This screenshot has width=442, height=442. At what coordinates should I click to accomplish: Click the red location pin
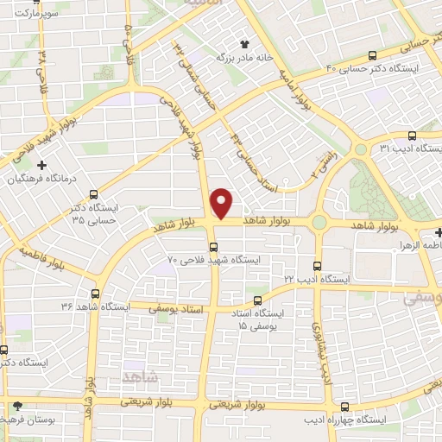tap(223, 204)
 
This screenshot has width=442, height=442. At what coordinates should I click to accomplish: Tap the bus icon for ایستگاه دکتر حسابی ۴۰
tap(384, 54)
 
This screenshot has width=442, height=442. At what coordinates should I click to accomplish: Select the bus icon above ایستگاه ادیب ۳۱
tap(412, 136)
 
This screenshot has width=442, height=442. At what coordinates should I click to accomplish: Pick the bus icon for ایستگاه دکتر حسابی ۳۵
tap(93, 195)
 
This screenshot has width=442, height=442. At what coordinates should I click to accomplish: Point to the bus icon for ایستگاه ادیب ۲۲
tap(317, 266)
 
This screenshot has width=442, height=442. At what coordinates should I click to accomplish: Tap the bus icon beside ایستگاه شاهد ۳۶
tap(95, 293)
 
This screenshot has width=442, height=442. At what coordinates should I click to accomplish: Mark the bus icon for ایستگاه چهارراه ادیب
tap(345, 406)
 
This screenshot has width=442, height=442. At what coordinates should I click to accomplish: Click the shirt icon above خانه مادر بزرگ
tap(243, 42)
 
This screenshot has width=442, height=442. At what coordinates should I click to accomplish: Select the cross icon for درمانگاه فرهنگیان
tap(41, 164)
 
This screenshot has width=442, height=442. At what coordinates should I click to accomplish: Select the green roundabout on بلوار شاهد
tap(319, 223)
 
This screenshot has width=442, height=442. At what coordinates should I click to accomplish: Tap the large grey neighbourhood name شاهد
tap(141, 377)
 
